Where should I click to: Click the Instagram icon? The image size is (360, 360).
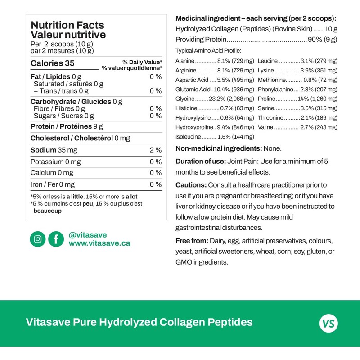[38, 239]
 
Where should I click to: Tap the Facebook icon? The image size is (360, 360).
[56, 239]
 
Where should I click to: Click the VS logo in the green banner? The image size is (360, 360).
[328, 323]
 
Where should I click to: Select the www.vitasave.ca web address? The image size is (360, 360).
[99, 243]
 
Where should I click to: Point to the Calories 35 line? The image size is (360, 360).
[52, 63]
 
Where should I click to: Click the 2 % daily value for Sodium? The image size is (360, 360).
[155, 150]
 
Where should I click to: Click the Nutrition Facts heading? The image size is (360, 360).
[67, 26]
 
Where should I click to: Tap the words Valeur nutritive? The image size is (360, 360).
[68, 35]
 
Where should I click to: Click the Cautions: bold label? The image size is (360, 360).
[191, 185]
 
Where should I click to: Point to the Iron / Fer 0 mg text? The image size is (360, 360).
[53, 184]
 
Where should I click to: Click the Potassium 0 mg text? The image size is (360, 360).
[55, 162]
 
